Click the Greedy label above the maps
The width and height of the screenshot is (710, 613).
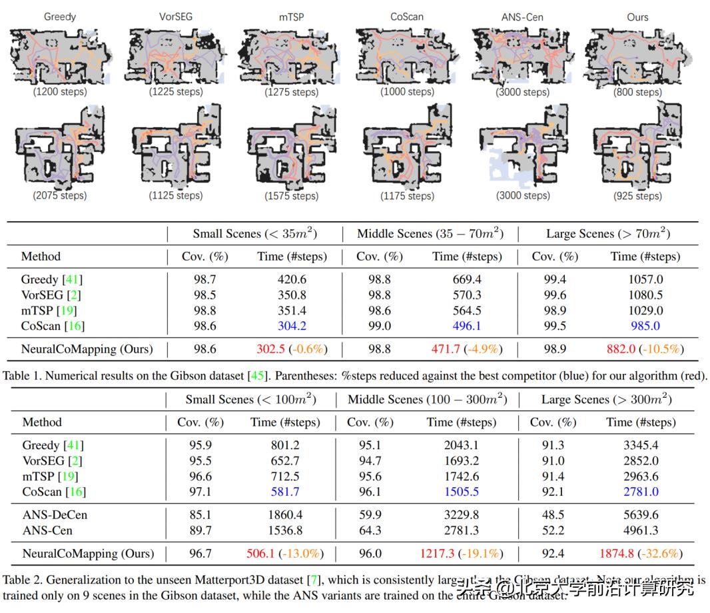pos(60,16)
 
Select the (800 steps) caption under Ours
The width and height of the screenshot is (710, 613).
pos(637,93)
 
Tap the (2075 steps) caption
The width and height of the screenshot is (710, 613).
pos(60,195)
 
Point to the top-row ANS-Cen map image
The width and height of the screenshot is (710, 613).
pos(523,56)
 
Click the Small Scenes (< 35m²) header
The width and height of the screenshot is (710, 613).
pos(254,233)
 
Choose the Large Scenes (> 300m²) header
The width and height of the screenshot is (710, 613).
pos(605,399)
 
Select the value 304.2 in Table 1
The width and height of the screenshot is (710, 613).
pos(274,326)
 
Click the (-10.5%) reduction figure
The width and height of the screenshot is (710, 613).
pos(661,348)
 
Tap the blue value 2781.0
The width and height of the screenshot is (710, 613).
pos(641,492)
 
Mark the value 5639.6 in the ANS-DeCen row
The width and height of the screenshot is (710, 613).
pos(641,514)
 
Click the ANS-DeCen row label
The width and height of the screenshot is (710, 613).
pos(55,514)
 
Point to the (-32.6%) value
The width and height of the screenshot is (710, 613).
pos(660,553)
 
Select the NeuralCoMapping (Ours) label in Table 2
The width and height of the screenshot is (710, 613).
pos(88,553)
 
